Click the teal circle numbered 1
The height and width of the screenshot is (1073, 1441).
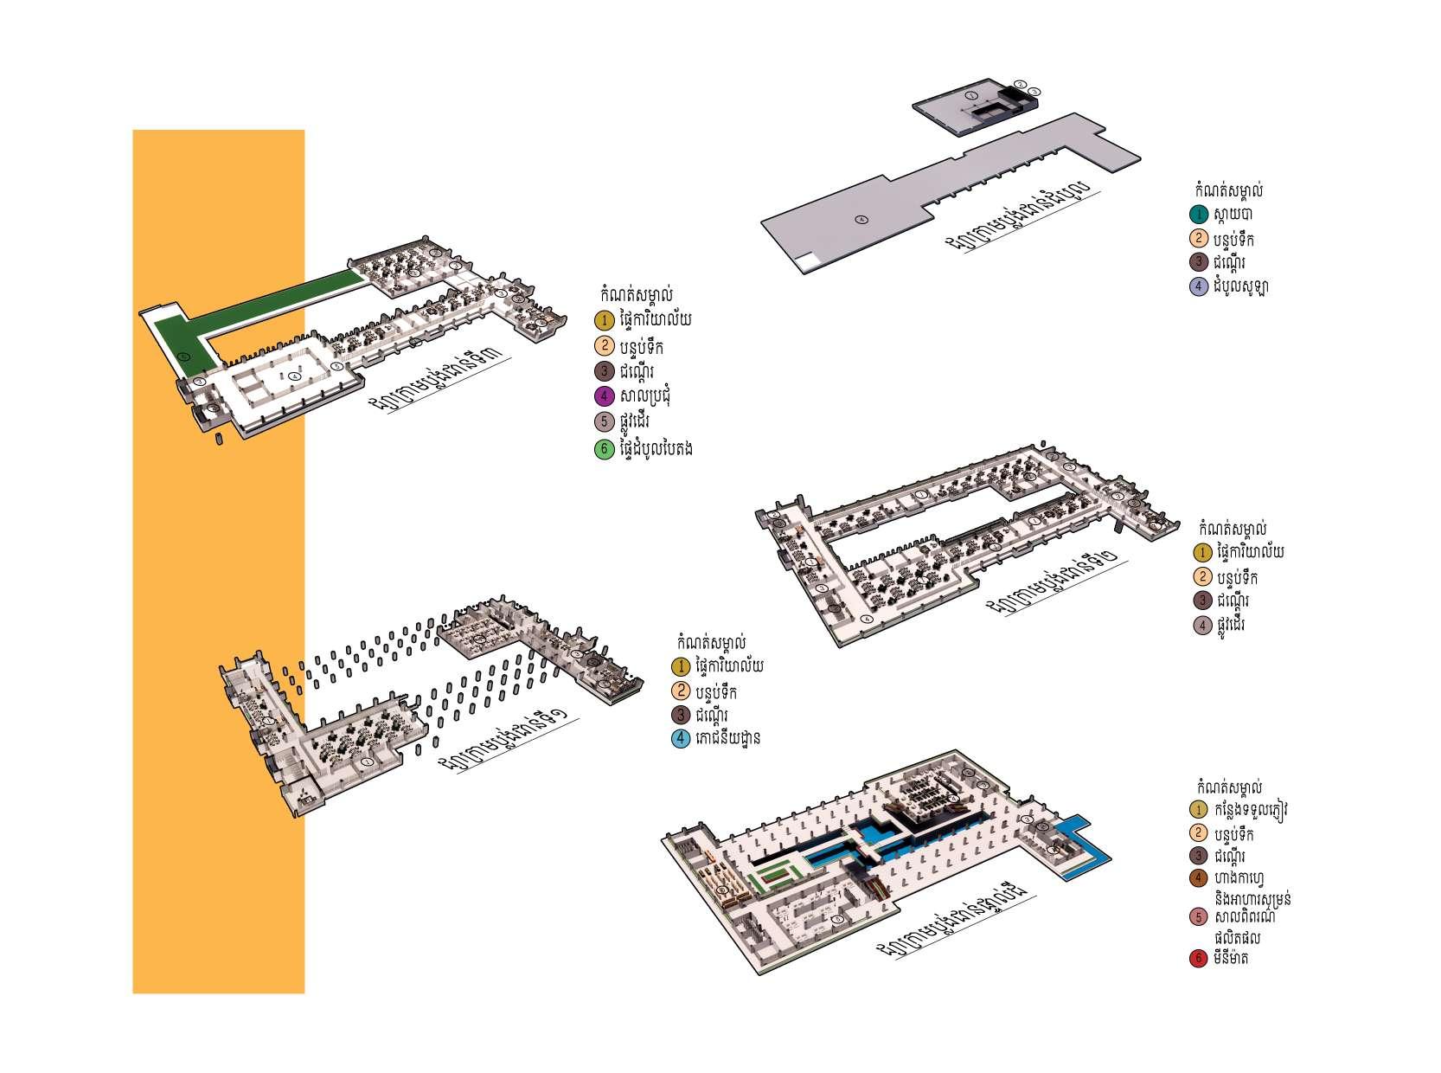pos(1199,214)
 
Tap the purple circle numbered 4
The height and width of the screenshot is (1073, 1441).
pos(604,396)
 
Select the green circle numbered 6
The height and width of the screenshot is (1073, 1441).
pos(604,449)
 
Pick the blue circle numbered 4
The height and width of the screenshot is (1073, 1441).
pos(681,738)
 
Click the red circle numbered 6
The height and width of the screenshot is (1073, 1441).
pos(1198,959)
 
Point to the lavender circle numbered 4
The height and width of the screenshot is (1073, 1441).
pos(1199,286)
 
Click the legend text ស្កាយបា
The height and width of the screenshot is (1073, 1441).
pos(1233,214)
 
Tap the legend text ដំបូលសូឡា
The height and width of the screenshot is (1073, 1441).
pos(1240,286)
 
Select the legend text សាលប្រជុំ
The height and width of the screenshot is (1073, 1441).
pos(645,396)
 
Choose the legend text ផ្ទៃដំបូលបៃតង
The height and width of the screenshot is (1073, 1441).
pos(657,449)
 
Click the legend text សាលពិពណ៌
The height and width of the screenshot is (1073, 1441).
pos(1246,916)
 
